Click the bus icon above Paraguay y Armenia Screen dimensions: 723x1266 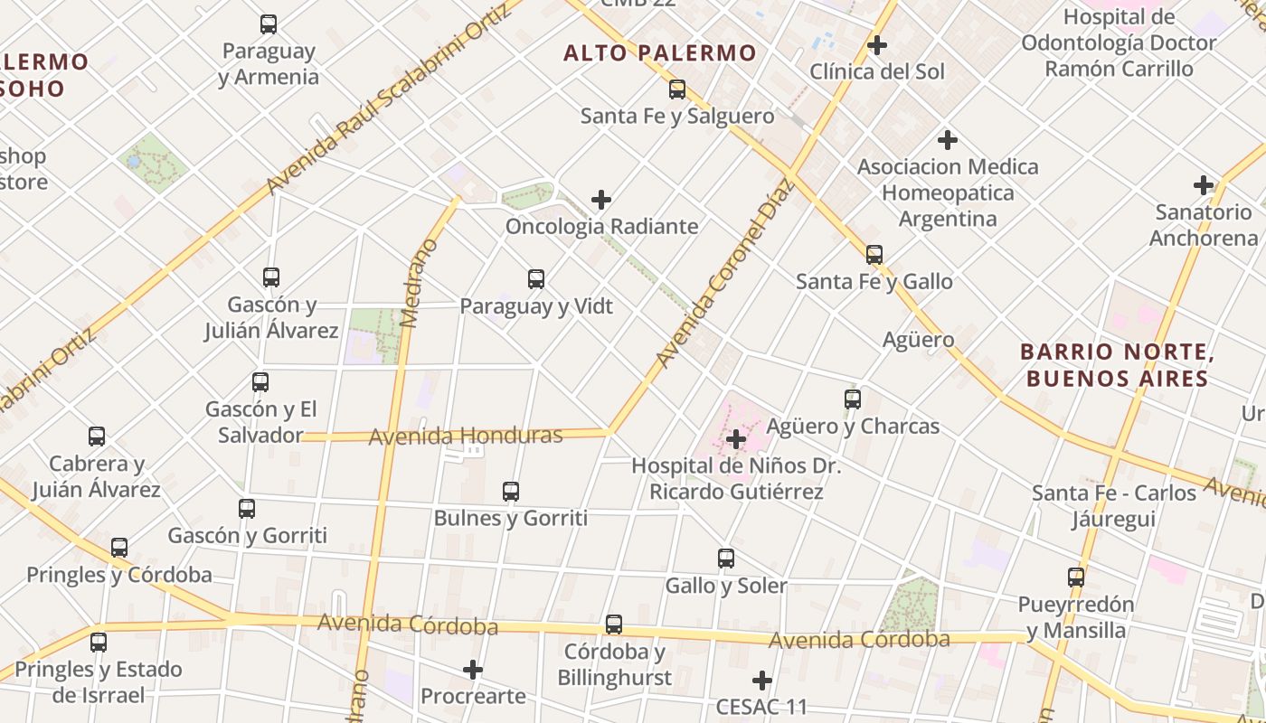269,24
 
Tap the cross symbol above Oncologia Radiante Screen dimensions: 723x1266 600,200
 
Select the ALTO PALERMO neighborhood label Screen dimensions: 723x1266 659,53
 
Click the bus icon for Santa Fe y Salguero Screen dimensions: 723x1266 677,89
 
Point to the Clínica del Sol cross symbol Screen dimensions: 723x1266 876,44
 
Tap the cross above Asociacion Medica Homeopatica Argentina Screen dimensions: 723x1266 948,140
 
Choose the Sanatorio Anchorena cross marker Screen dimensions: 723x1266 1204,185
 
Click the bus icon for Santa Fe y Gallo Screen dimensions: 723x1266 874,255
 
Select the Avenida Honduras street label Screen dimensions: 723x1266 466,437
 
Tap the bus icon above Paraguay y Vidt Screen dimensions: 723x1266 536,279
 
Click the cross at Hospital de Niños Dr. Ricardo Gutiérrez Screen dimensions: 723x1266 737,440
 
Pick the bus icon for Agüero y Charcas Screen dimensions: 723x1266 852,399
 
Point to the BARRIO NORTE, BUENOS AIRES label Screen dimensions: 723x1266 1117,364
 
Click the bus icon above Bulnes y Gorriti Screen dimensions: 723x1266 511,492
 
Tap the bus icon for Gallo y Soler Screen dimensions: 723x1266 726,559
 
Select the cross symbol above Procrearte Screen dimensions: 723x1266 473,670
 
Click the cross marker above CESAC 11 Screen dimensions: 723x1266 762,680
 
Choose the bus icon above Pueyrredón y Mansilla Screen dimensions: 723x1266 1076,577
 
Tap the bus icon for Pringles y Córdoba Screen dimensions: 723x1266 119,548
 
